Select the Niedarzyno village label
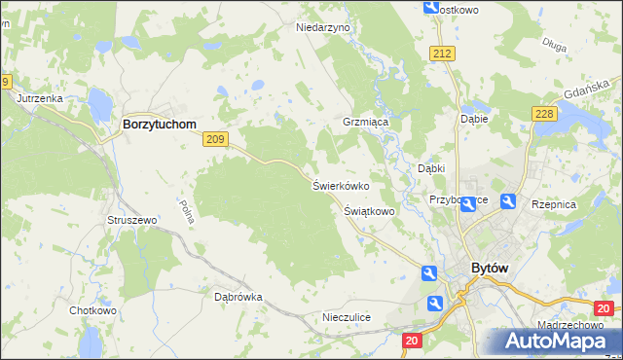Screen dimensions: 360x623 pos(322,28)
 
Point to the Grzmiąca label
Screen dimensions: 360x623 pos(365,124)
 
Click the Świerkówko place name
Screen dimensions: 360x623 pos(340,185)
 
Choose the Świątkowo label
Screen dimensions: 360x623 pos(369,210)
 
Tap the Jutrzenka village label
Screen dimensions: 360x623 pos(40,99)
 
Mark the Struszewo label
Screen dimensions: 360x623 pos(132,221)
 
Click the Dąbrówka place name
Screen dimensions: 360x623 pos(238,297)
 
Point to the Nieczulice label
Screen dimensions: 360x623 pos(347,317)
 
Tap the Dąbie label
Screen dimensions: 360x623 pos(473,119)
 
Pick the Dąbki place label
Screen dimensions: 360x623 pos(431,168)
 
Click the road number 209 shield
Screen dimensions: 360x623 pos(216,140)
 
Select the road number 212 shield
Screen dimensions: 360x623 pos(444,53)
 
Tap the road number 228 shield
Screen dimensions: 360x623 pos(544,115)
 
